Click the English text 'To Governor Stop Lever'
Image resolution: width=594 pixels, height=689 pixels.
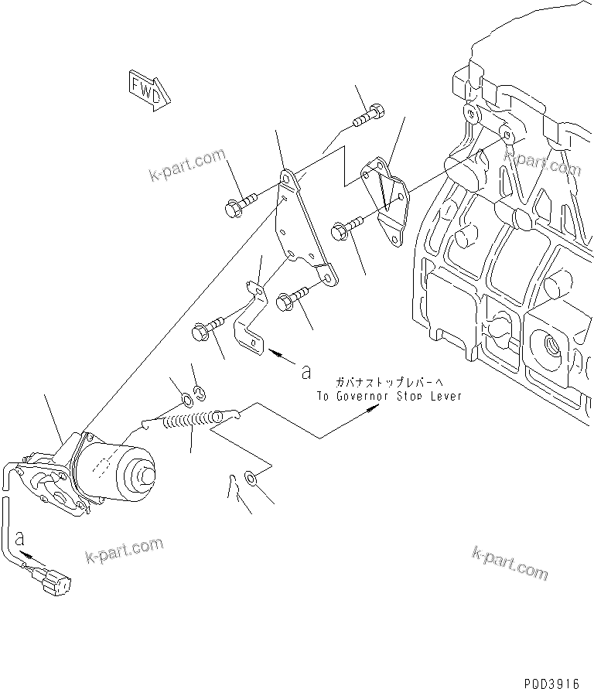pyautogui.click(x=388, y=395)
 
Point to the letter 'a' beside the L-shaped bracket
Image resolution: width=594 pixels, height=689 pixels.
pyautogui.click(x=306, y=372)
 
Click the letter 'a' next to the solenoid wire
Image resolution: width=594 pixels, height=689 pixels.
pyautogui.click(x=20, y=537)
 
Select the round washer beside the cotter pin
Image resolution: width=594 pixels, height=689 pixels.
pyautogui.click(x=252, y=480)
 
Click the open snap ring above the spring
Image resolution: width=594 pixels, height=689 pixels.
pyautogui.click(x=198, y=392)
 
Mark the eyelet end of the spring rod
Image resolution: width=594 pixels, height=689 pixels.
pyautogui.click(x=227, y=417)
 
